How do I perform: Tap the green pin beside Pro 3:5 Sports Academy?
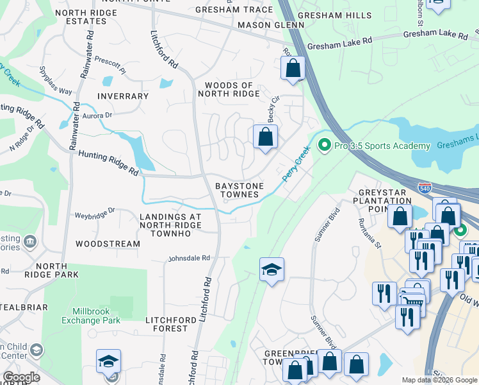324,146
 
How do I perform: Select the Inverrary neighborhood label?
123,96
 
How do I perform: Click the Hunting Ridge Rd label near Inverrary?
108,163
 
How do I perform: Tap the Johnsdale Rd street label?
189,259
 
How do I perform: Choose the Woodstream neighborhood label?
108,244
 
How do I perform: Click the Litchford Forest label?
166,324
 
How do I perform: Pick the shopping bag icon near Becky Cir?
265,137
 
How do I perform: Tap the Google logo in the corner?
20,377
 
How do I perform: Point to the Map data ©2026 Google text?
439,380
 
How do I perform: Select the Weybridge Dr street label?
94,210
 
